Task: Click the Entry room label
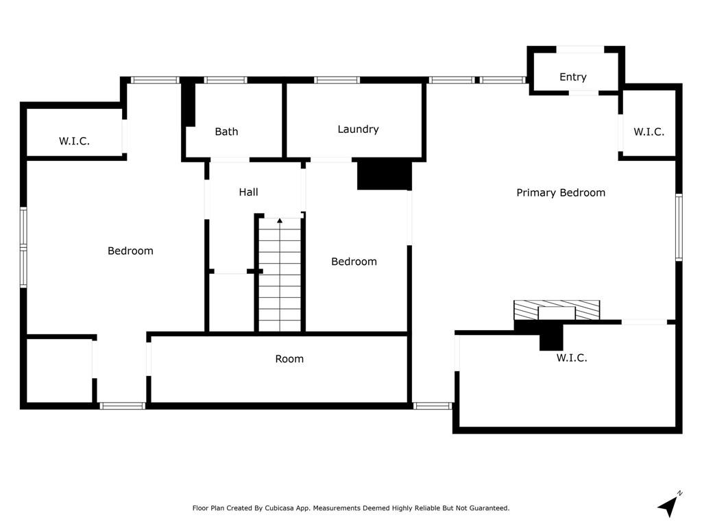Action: coord(572,77)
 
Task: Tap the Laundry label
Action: coord(358,129)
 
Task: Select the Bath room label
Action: coord(226,131)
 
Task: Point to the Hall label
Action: coord(248,192)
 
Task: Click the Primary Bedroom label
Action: coord(561,192)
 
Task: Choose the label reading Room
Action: coord(289,359)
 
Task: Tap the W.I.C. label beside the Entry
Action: coord(649,132)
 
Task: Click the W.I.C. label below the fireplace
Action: coord(572,358)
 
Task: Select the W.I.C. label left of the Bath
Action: coord(74,141)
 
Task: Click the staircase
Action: coord(280,275)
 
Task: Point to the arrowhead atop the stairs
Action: coord(280,220)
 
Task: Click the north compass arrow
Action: coord(670,505)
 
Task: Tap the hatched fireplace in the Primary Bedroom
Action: coord(557,310)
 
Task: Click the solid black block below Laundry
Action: coord(384,175)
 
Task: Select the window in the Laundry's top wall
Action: coord(337,80)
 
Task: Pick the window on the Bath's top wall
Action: coord(226,80)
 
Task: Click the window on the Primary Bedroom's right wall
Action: coord(679,227)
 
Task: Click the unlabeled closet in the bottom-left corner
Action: coord(60,371)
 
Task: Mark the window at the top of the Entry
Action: coord(580,49)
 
